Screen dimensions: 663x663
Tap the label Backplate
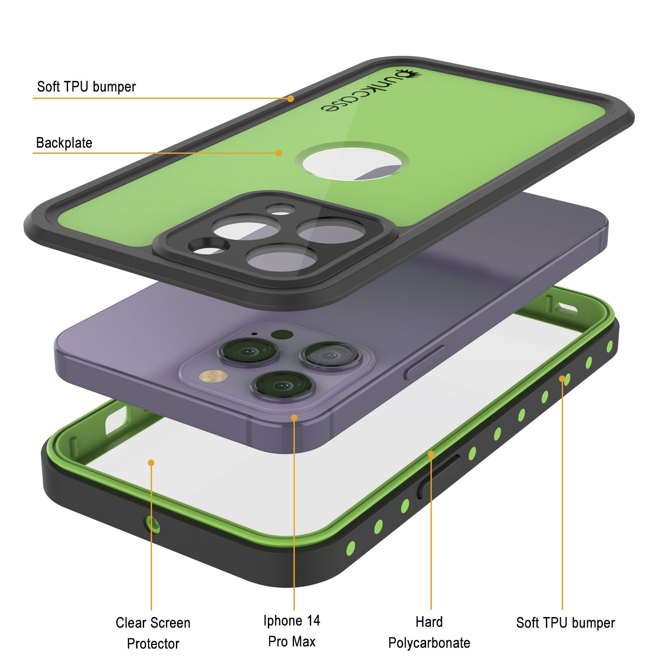point(64,143)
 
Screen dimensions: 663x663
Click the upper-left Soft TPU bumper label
point(86,87)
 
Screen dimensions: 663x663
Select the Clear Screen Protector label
point(153,633)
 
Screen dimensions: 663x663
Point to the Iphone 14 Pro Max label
point(292,631)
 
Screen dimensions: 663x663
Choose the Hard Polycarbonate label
point(429,632)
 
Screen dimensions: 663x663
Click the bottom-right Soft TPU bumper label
point(565,623)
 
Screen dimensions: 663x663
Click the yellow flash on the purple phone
point(213,376)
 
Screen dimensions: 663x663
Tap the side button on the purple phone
point(425,363)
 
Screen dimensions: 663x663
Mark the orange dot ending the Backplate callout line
point(278,153)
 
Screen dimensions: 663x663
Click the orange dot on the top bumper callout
point(290,99)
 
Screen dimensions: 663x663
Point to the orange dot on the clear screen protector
point(151,462)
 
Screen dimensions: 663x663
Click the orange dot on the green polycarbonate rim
point(431,453)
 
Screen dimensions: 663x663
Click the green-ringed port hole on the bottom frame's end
point(153,523)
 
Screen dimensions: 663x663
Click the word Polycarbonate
point(429,643)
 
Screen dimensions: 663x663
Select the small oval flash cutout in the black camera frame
point(209,247)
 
